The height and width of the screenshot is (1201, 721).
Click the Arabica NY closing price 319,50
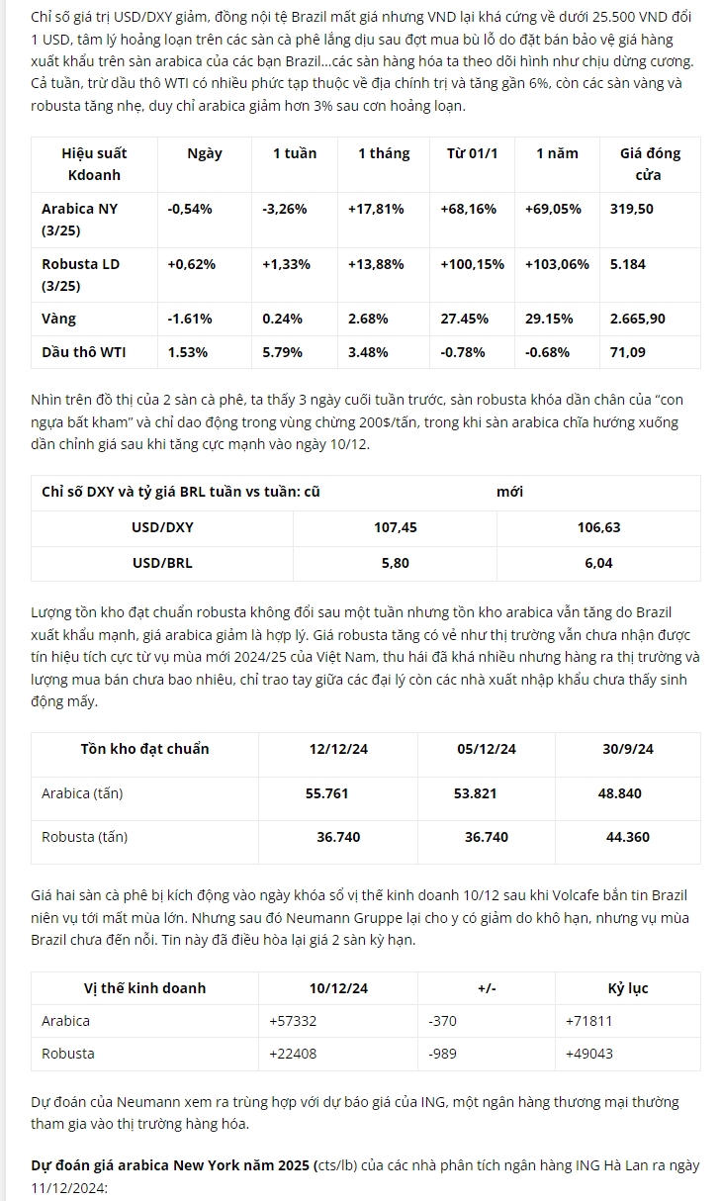[631, 209]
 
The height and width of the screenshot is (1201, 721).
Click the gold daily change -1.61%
[190, 319]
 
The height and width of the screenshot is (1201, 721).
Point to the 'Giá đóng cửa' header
[649, 163]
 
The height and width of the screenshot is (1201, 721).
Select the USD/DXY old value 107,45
[395, 527]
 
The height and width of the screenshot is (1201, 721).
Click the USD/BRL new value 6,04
[598, 563]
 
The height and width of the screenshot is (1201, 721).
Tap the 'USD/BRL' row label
[162, 563]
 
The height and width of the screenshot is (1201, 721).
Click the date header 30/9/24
[627, 749]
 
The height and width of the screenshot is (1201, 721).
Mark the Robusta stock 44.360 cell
[627, 837]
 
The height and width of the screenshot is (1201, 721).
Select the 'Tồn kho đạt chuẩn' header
[144, 749]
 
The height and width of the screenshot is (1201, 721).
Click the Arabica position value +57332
[293, 1020]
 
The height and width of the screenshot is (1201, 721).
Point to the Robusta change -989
[442, 1054]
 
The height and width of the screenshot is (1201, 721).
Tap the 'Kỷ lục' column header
[627, 988]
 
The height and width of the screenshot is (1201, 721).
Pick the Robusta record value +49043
[588, 1054]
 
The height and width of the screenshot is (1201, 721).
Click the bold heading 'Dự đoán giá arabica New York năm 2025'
[170, 1165]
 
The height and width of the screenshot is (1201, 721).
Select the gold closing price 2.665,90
[637, 319]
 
